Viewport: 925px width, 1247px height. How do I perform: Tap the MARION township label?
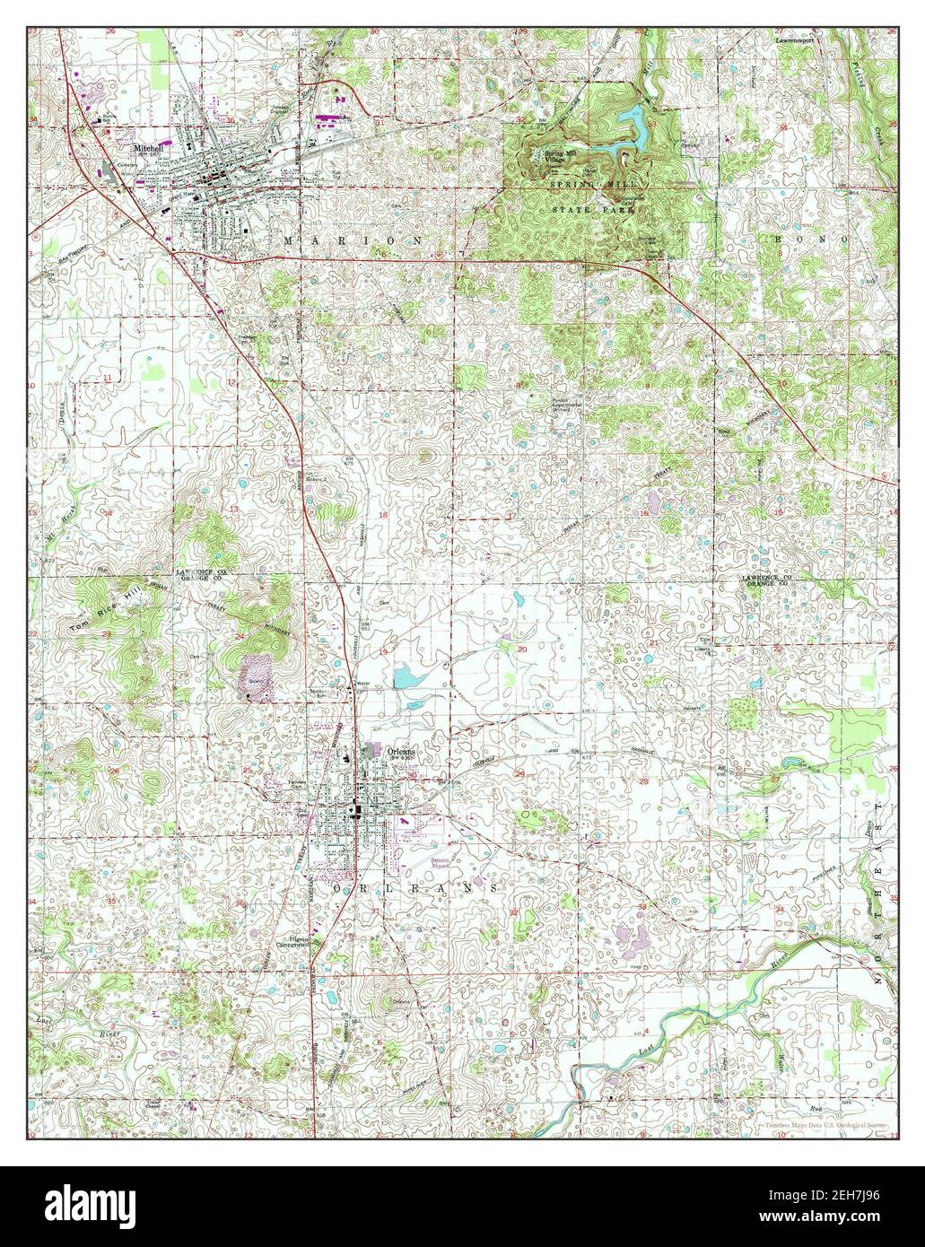click(x=352, y=241)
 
